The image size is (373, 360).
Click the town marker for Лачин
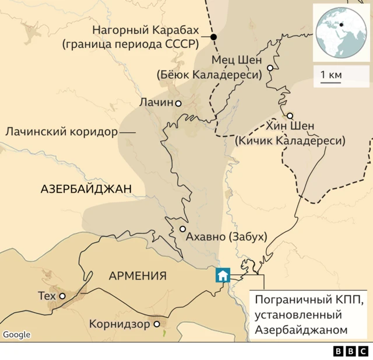coord(178,103)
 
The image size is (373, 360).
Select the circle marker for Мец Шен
coord(270,68)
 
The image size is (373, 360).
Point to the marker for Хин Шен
coord(290,116)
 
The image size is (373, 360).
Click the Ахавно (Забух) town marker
coord(182,229)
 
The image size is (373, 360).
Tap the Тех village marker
coord(62,296)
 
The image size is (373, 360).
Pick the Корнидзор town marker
coord(156,324)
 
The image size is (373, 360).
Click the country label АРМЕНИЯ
coord(138,276)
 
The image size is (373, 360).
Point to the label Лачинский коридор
coord(61,132)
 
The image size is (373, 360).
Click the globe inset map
coord(341,33)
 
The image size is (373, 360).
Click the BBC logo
coord(350,351)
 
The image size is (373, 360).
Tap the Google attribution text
coord(17,334)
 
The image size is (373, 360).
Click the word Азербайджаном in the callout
coord(301,330)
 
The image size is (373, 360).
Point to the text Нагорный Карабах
coord(146,30)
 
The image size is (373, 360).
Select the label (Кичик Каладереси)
coord(290,141)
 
